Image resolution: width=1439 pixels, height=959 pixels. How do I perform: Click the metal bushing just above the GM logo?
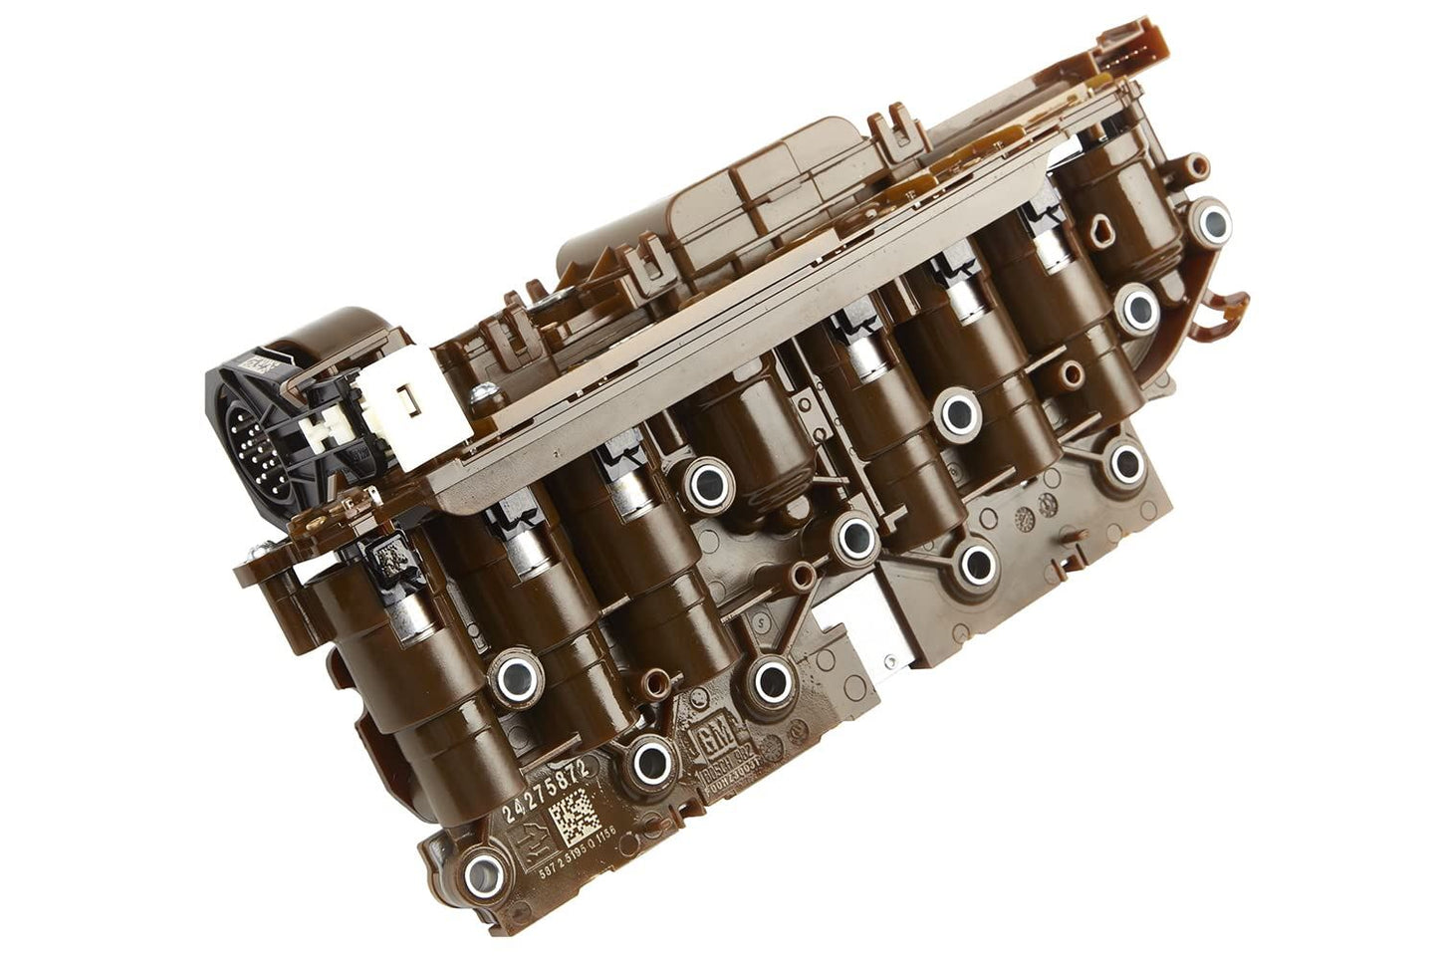click(768, 681)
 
